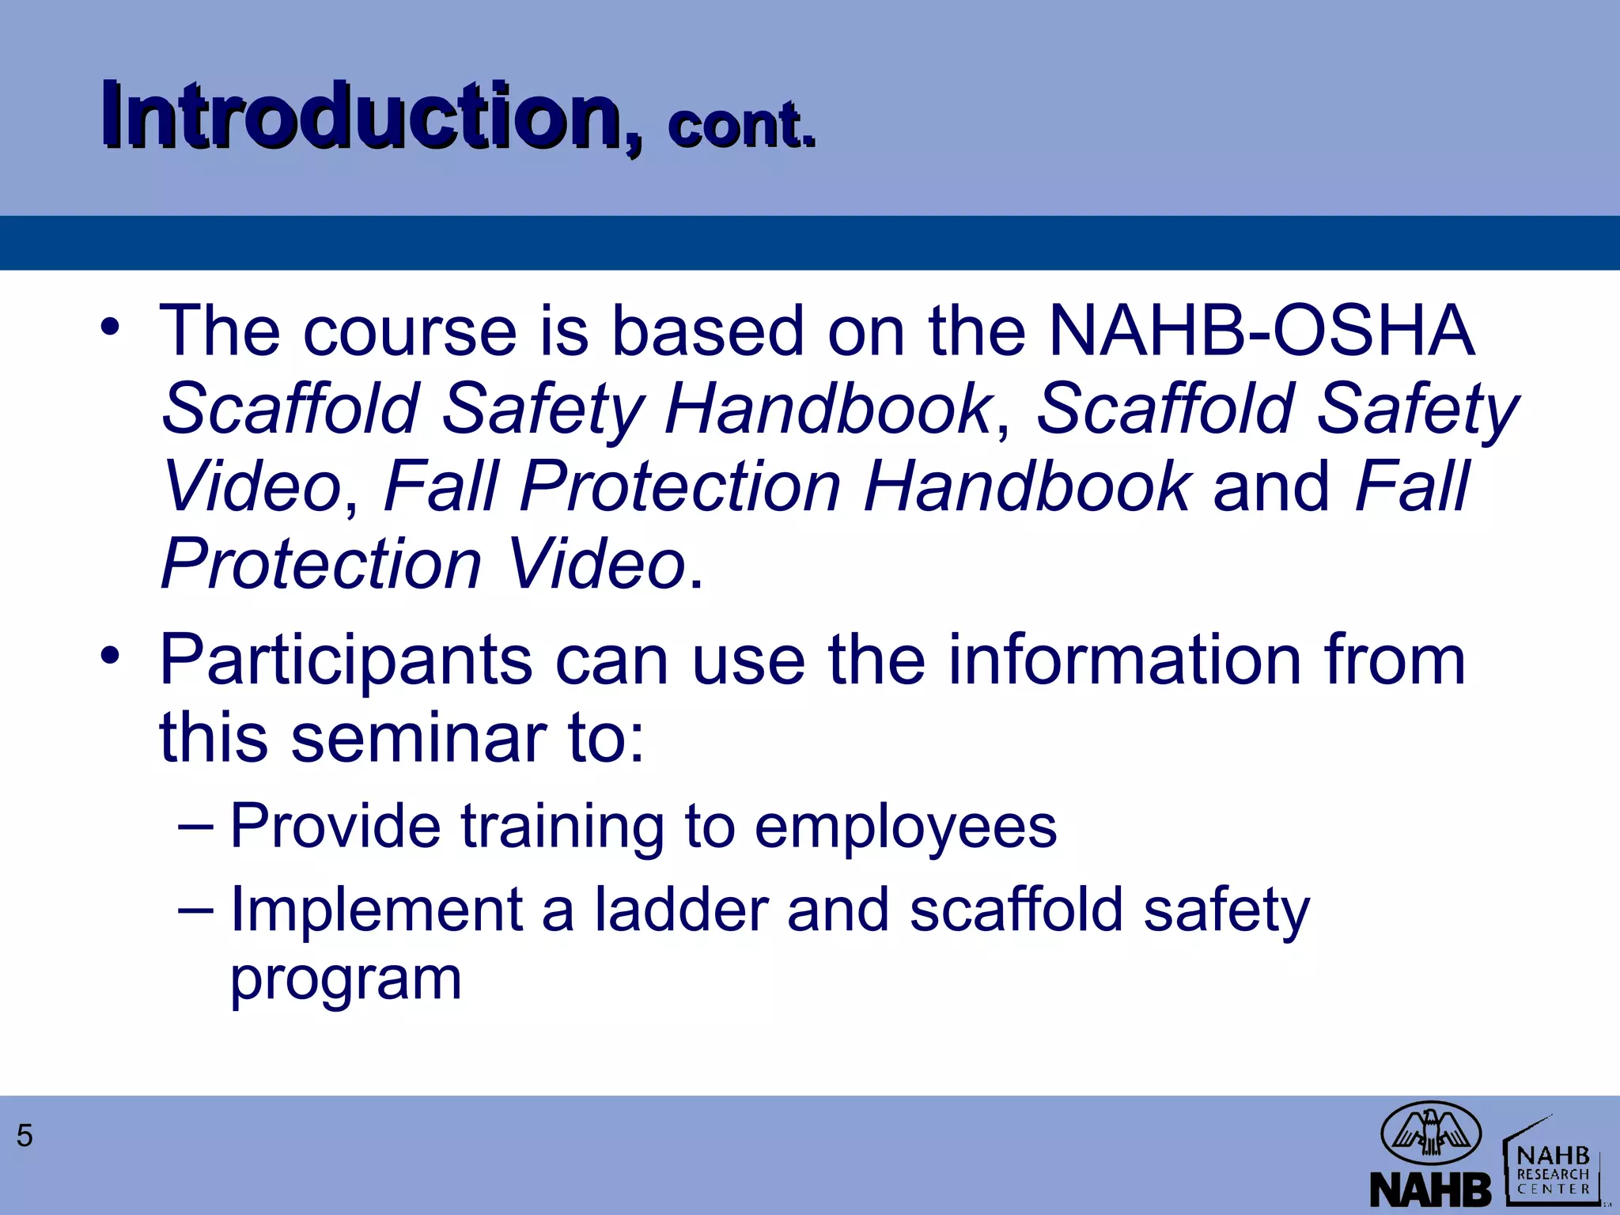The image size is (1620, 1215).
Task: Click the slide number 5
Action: pos(25,1136)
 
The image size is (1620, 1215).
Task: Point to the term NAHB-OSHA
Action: pos(1261,331)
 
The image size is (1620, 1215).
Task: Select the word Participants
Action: pos(346,661)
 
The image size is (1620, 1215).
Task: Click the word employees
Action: pos(905,827)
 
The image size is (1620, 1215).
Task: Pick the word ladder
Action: pos(681,910)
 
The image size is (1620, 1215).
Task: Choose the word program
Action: pos(346,979)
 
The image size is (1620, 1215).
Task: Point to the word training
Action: pos(562,827)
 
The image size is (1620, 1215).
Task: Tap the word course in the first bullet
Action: pos(409,331)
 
